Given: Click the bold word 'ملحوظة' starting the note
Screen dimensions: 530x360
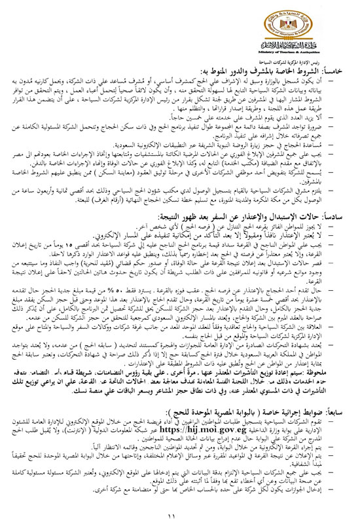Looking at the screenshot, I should (327, 374).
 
